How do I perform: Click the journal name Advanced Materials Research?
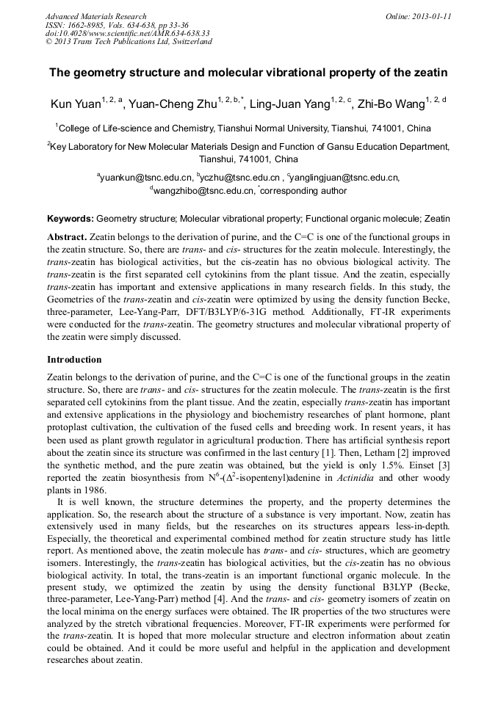tap(95, 16)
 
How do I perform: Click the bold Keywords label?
tap(71, 219)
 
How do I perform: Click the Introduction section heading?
tap(74, 360)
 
